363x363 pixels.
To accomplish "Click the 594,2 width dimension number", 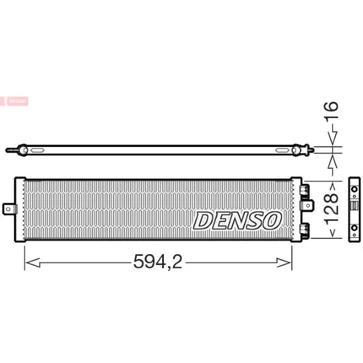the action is point(158,261).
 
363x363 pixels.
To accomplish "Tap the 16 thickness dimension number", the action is point(332,110).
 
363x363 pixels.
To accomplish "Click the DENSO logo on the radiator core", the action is point(237,220).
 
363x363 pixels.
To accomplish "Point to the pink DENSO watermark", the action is point(15,101).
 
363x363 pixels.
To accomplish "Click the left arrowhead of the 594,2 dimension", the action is point(33,263).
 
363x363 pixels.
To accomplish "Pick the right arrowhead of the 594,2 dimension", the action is point(284,263).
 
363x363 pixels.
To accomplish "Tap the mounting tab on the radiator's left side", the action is point(10,209).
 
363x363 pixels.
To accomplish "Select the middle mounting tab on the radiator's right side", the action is point(307,205).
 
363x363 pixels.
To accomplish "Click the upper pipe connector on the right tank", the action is point(305,191).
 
